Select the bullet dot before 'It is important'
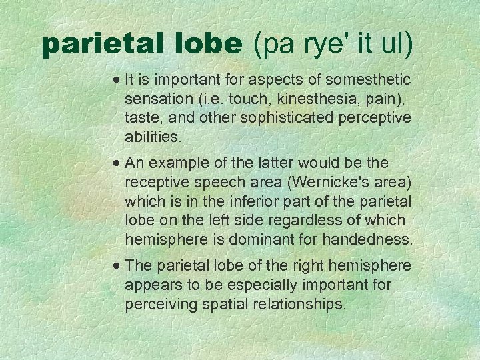pyautogui.click(x=117, y=80)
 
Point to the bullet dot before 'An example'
pyautogui.click(x=117, y=163)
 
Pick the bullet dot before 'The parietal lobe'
pyautogui.click(x=117, y=266)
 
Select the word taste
pyautogui.click(x=141, y=118)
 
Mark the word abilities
pyautogui.click(x=153, y=137)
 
